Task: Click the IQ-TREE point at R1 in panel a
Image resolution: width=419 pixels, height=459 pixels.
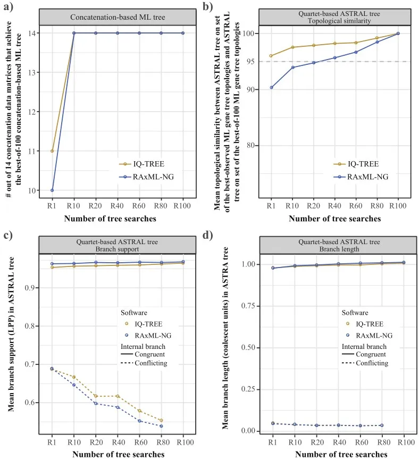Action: [x=52, y=151]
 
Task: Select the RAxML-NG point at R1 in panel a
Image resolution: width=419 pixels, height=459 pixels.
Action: [x=52, y=190]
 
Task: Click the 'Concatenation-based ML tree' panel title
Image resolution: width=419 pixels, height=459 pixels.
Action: [x=117, y=16]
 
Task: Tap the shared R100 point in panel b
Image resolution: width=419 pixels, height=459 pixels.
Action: [x=398, y=34]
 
